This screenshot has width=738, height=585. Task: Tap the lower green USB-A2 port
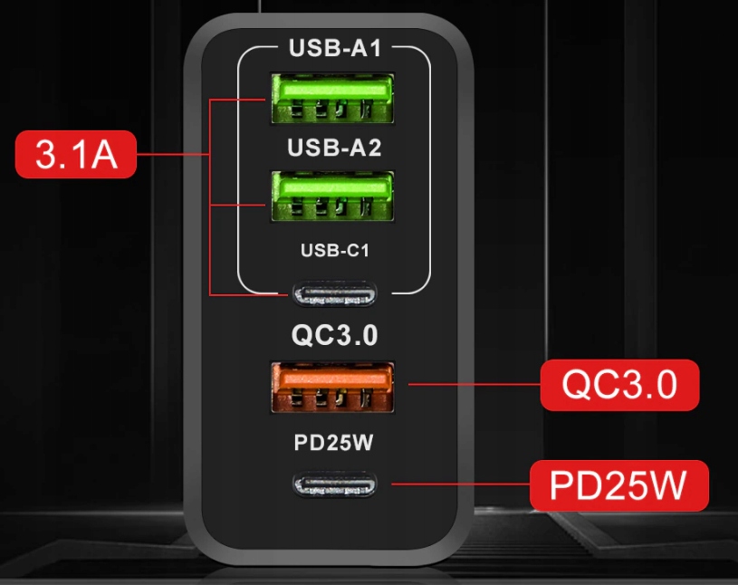(332, 195)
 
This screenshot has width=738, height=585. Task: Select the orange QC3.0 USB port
(332, 388)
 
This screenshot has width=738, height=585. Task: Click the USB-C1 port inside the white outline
(333, 294)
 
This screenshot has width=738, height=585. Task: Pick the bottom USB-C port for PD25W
(333, 484)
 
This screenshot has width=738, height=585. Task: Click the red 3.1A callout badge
(76, 155)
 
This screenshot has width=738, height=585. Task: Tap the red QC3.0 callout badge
(619, 385)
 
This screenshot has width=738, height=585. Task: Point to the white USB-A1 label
(334, 48)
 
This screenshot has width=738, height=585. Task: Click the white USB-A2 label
(334, 149)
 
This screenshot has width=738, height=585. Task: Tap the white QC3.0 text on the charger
(334, 335)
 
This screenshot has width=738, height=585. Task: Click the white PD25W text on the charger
(334, 445)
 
